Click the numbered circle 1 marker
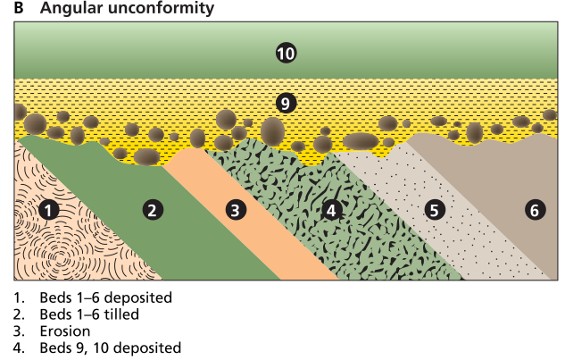(50, 211)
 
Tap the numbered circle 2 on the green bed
(153, 211)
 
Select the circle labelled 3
(235, 211)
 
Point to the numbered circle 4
(331, 211)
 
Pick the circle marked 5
(435, 211)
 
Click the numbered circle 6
(534, 211)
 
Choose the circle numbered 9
(286, 103)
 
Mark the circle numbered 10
(286, 54)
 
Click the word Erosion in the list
(65, 331)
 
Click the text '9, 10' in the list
(87, 348)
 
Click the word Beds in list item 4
(54, 348)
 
